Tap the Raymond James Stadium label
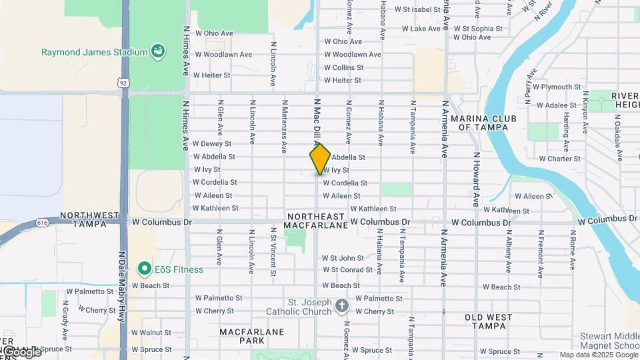coord(94,52)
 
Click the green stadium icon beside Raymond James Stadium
coord(158,51)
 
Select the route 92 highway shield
coord(123,82)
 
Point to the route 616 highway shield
coord(43,222)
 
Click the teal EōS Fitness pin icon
coord(143,269)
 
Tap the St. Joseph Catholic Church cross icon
coord(341,306)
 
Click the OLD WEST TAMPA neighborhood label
coord(489,321)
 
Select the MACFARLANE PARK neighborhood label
coord(252,336)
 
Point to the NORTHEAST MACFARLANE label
coord(316,221)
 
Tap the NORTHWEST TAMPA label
coord(83,220)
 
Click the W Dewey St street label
coord(212,143)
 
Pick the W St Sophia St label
coord(478,29)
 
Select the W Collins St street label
coord(343,67)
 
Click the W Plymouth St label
coord(556,87)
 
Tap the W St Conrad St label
coord(347,270)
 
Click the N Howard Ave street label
coord(476,179)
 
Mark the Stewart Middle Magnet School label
coord(609,340)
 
